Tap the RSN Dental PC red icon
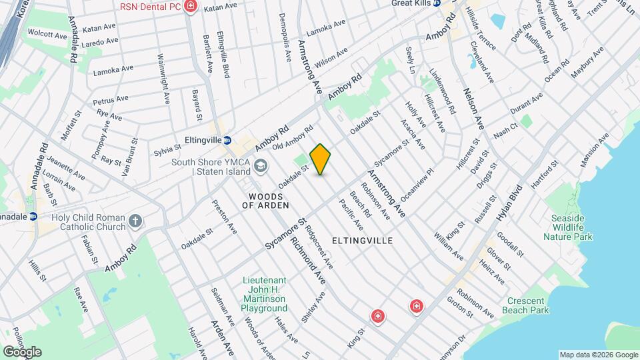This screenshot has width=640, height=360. click(191, 7)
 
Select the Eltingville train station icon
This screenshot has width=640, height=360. click(227, 141)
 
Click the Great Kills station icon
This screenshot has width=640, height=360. click(438, 3)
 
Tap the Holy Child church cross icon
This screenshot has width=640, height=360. click(135, 221)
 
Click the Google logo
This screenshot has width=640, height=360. click(22, 351)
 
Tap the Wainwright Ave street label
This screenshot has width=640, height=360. click(163, 79)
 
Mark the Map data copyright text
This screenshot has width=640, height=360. click(597, 355)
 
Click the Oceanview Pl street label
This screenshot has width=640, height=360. click(418, 181)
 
